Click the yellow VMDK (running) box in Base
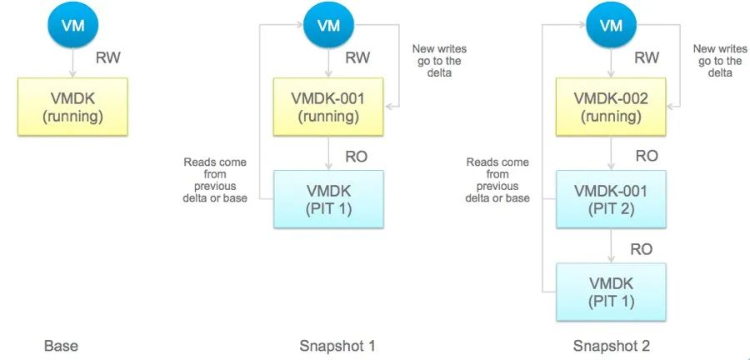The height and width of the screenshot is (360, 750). pyautogui.click(x=72, y=107)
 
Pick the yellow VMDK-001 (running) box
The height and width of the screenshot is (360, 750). pyautogui.click(x=328, y=107)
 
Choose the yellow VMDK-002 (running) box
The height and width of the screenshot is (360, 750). pyautogui.click(x=611, y=107)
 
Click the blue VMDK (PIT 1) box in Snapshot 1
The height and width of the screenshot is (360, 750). pyautogui.click(x=328, y=199)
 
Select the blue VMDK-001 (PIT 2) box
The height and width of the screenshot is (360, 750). pyautogui.click(x=611, y=199)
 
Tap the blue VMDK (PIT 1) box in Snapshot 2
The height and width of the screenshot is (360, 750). pyautogui.click(x=611, y=292)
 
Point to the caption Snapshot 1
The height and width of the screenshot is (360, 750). pyautogui.click(x=337, y=345)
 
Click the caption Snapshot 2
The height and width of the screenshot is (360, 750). pyautogui.click(x=611, y=345)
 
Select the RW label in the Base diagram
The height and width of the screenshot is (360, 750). pyautogui.click(x=108, y=59)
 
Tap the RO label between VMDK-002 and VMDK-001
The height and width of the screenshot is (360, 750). pyautogui.click(x=647, y=156)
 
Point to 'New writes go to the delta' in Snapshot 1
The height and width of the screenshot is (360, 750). pyautogui.click(x=437, y=61)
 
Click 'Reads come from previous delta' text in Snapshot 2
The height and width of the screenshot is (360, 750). pyautogui.click(x=497, y=180)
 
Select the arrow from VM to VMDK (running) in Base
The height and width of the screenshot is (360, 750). pyautogui.click(x=72, y=62)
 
